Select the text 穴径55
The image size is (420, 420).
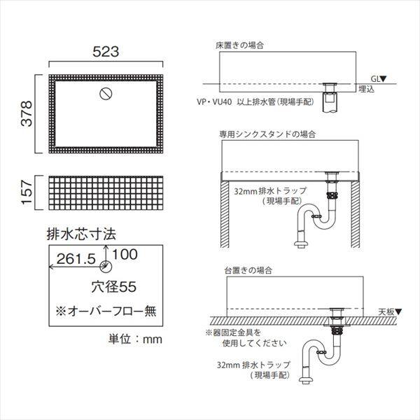coord(111,286)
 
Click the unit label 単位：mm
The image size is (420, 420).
coord(135,339)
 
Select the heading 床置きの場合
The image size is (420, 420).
coord(239,45)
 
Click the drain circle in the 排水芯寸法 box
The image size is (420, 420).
coord(106,265)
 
